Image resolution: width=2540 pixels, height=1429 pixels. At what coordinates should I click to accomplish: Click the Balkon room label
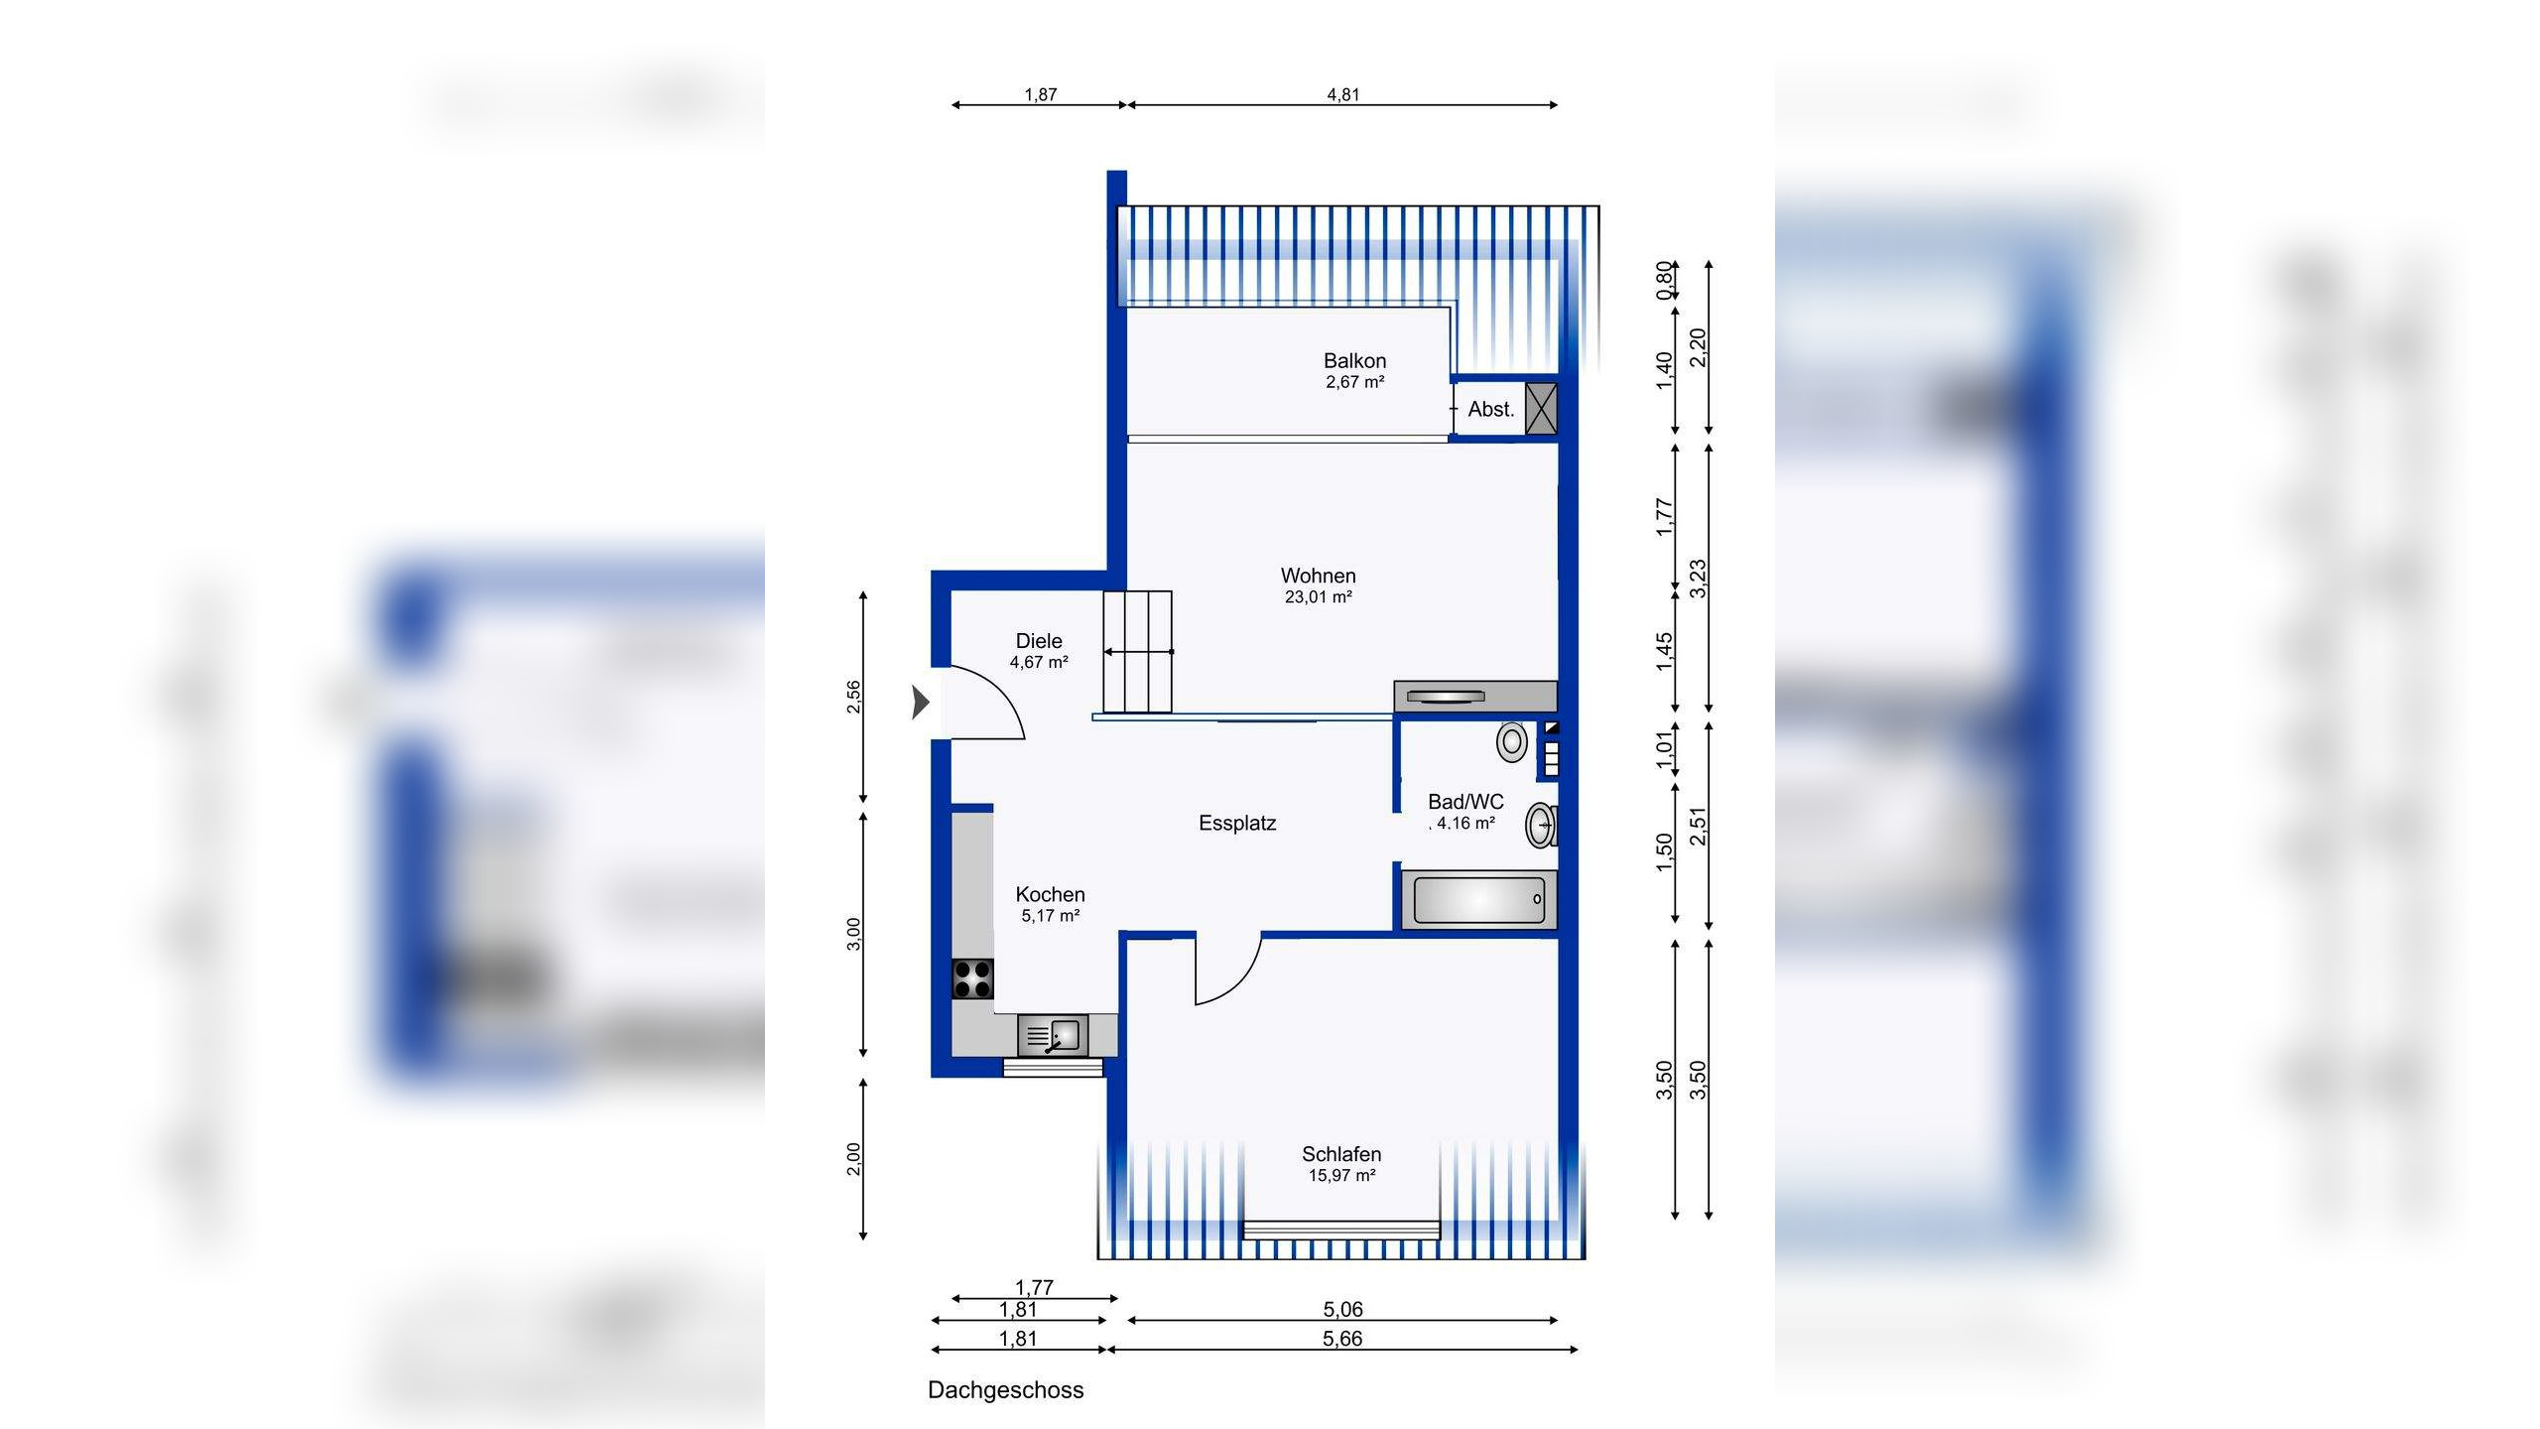tap(1354, 361)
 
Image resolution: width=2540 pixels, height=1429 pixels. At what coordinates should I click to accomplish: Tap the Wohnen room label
tap(1318, 576)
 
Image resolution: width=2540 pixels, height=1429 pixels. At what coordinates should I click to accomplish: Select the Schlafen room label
tap(1341, 1154)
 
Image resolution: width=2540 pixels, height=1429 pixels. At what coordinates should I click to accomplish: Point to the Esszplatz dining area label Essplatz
tap(1237, 823)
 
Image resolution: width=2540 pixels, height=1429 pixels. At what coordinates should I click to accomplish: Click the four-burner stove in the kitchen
tap(972, 977)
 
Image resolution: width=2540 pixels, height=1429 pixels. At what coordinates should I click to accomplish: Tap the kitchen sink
tap(1053, 1036)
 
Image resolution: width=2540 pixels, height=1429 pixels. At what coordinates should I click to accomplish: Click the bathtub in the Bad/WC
tap(1478, 900)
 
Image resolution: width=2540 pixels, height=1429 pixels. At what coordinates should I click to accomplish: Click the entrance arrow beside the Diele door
tap(921, 703)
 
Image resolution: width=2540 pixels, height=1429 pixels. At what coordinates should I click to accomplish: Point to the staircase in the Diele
tap(1138, 652)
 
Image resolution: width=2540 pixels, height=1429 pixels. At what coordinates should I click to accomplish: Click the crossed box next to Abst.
tap(1541, 409)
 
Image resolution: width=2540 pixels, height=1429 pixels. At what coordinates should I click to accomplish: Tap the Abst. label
tap(1491, 409)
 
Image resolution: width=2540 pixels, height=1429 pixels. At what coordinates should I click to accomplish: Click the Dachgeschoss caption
tap(1005, 1390)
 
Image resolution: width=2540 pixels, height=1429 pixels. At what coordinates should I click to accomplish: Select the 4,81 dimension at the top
tap(1342, 95)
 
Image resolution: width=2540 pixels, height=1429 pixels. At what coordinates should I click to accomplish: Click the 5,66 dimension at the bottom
tap(1341, 1339)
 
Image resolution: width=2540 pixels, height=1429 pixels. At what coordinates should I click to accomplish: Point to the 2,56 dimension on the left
tap(853, 697)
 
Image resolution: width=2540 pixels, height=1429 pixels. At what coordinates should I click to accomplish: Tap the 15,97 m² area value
tap(1341, 1176)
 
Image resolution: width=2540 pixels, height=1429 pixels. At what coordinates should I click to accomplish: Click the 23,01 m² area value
tap(1318, 597)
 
